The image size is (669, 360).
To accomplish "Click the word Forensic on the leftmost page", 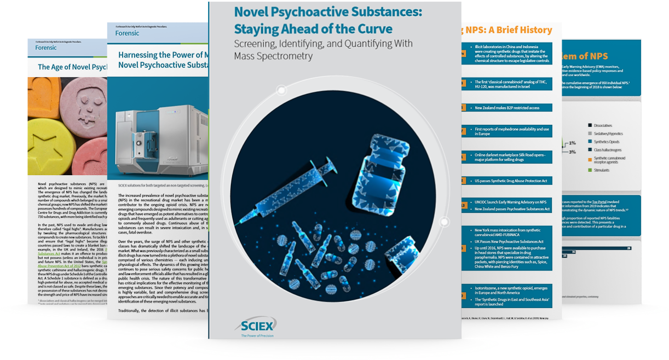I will coord(46,47).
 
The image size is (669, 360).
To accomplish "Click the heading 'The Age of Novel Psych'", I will coord(71,67).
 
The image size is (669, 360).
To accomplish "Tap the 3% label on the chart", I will coord(572,152).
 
